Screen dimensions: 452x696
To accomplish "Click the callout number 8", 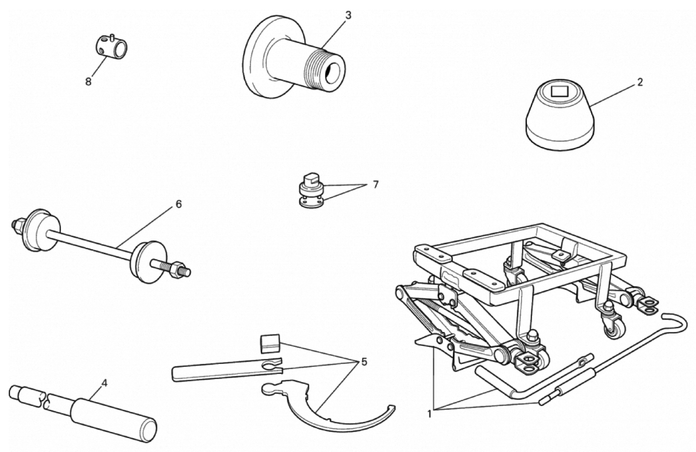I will (x=88, y=82).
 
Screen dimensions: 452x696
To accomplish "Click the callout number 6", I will (x=179, y=204).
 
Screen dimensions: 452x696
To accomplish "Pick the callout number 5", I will (x=364, y=362).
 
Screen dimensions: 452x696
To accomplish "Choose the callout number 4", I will (x=104, y=383).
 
